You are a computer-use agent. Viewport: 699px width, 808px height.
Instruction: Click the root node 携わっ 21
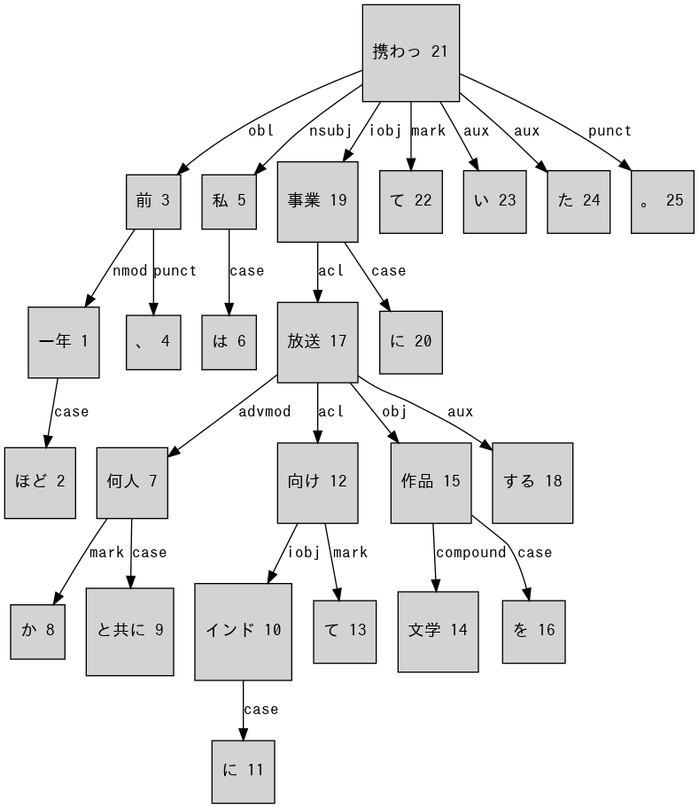(410, 52)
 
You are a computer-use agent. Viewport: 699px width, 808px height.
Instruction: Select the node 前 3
(153, 201)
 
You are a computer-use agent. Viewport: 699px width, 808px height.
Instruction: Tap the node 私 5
(229, 201)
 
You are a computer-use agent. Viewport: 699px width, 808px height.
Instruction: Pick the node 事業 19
(317, 201)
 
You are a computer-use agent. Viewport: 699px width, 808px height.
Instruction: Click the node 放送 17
(317, 342)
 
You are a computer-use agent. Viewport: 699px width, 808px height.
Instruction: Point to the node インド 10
(243, 631)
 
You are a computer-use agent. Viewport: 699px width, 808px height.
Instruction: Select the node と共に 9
(129, 631)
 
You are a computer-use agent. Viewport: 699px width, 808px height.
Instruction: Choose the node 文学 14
(438, 631)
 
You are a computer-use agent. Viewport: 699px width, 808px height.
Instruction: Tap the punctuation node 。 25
(662, 201)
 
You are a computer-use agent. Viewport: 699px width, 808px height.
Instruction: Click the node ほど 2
(40, 482)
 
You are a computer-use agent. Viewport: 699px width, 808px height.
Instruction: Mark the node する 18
(532, 482)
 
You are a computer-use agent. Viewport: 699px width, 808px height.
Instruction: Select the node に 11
(243, 771)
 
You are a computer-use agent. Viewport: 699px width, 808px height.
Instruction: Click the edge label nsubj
(330, 131)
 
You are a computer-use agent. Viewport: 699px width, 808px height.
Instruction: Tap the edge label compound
(470, 553)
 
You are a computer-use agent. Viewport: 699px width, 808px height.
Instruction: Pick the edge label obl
(261, 131)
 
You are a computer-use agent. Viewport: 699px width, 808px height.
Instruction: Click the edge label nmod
(130, 271)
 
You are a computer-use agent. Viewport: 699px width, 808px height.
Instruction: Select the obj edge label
(394, 411)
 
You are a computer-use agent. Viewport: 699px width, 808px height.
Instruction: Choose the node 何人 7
(132, 482)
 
